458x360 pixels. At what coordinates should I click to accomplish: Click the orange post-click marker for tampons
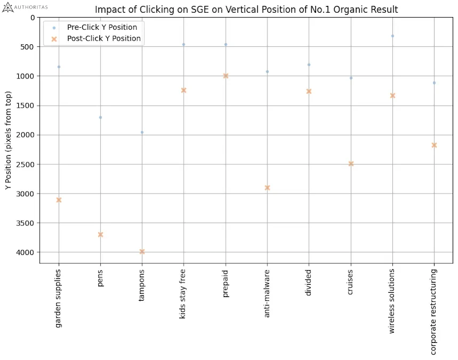[x=142, y=252]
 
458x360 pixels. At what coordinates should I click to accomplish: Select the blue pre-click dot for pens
[x=100, y=117]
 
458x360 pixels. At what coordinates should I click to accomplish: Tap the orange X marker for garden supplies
[x=59, y=200]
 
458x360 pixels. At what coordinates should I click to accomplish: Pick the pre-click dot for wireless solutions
[x=392, y=36]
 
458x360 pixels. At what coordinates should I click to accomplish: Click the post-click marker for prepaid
[x=226, y=76]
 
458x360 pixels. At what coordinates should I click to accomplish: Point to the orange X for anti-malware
[x=267, y=188]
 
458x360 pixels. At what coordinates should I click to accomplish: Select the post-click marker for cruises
[x=351, y=164]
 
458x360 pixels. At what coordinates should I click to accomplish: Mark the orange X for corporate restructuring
[x=434, y=145]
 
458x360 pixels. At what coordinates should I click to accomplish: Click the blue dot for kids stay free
[x=184, y=44]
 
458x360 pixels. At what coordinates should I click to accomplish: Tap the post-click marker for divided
[x=309, y=91]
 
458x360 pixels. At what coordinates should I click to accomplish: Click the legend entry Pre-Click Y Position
[x=101, y=27]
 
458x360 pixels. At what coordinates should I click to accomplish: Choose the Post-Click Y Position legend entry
[x=104, y=38]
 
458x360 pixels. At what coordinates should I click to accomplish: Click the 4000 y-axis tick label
[x=25, y=252]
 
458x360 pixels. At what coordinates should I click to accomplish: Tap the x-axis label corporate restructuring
[x=434, y=312]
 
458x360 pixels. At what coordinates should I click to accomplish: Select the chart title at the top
[x=246, y=10]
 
